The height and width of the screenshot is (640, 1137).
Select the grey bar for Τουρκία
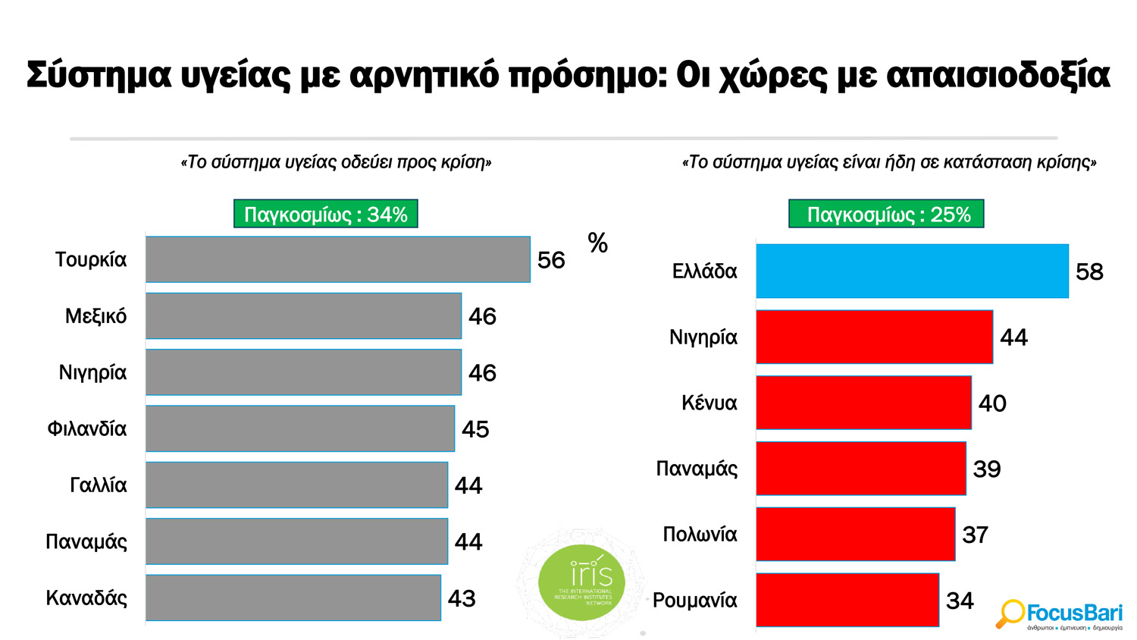pyautogui.click(x=337, y=259)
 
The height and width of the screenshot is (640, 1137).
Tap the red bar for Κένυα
pyautogui.click(x=863, y=403)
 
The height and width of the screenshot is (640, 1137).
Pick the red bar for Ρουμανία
pyautogui.click(x=847, y=600)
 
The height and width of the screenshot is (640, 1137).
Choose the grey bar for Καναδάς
pyautogui.click(x=293, y=598)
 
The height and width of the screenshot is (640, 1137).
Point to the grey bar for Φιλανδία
pyautogui.click(x=299, y=428)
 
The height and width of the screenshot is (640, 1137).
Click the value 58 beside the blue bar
pyautogui.click(x=1089, y=271)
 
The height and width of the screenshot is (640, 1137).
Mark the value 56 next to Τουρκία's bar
pyautogui.click(x=551, y=260)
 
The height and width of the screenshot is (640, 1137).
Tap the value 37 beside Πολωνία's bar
pyautogui.click(x=975, y=535)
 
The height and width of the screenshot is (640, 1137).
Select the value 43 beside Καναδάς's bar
pyautogui.click(x=462, y=598)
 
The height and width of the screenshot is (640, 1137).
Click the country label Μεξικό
pyautogui.click(x=96, y=316)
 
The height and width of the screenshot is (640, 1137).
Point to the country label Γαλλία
pyautogui.click(x=98, y=485)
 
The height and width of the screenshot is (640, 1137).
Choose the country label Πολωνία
pyautogui.click(x=700, y=535)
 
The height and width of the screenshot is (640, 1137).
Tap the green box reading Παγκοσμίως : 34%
pyautogui.click(x=325, y=215)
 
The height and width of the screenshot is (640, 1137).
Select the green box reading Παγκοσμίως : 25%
pyautogui.click(x=886, y=215)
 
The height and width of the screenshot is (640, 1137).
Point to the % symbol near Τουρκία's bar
pyautogui.click(x=597, y=243)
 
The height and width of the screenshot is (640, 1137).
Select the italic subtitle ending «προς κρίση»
pyautogui.click(x=336, y=162)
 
